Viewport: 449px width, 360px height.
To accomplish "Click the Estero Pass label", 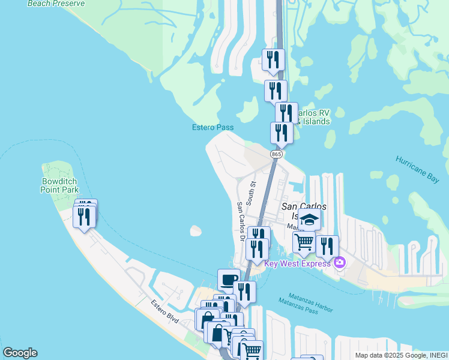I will (212, 127).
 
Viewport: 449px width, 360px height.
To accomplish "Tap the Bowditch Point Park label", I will (60, 185).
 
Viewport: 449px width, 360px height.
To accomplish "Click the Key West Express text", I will (298, 264).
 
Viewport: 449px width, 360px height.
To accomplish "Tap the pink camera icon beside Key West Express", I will (340, 262).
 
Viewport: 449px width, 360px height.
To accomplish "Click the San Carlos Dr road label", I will (240, 221).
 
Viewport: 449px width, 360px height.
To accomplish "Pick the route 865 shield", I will (276, 154).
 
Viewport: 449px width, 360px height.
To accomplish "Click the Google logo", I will (20, 353).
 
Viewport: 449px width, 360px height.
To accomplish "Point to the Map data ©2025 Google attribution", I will (399, 355).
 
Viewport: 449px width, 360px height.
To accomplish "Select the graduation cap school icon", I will (309, 219).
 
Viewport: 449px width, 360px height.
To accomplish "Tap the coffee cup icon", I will (229, 279).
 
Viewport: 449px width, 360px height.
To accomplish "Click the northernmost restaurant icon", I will (273, 59).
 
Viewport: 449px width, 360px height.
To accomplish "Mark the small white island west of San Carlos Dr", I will (195, 230).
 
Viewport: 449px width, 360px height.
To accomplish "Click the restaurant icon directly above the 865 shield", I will (281, 133).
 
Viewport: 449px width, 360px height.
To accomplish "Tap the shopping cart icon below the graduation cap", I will (304, 242).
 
